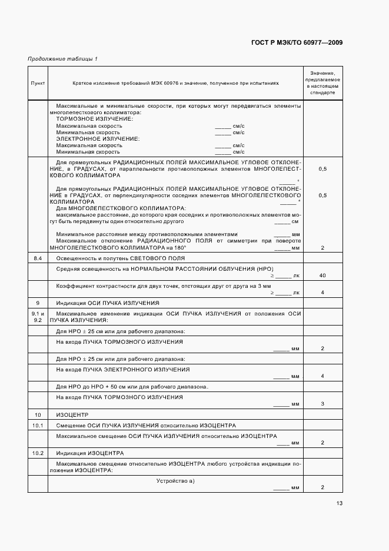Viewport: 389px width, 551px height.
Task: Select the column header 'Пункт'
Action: point(38,84)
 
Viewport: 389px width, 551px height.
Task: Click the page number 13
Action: point(340,503)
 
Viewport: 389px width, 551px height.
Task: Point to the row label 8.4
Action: point(38,259)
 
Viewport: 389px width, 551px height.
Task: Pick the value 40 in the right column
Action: point(322,275)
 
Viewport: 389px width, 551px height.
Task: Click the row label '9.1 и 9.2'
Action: point(38,316)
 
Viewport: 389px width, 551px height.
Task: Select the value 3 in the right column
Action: point(322,404)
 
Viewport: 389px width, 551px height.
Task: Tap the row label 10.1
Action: point(38,425)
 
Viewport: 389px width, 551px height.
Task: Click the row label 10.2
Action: point(38,453)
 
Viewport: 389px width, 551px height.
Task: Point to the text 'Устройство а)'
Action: point(175,481)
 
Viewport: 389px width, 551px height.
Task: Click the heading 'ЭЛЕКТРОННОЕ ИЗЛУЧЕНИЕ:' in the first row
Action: point(97,138)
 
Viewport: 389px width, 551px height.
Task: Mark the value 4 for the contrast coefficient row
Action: point(322,293)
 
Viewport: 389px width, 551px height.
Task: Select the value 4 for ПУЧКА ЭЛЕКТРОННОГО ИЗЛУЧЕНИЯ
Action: point(322,376)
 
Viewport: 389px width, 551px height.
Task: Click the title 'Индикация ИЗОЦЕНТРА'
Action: point(90,453)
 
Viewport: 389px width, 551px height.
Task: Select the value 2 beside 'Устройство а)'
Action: point(322,488)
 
